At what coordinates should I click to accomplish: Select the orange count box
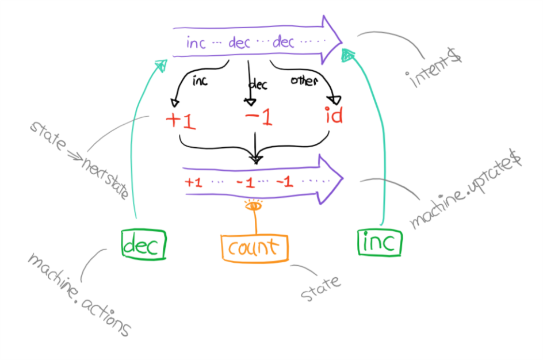[x=254, y=248]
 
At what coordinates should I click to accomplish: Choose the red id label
[x=333, y=116]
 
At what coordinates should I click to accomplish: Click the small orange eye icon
[x=253, y=205]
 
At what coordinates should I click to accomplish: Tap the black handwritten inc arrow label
[x=200, y=82]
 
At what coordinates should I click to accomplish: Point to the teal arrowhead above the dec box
[x=162, y=65]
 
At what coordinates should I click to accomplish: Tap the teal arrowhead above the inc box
[x=347, y=55]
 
